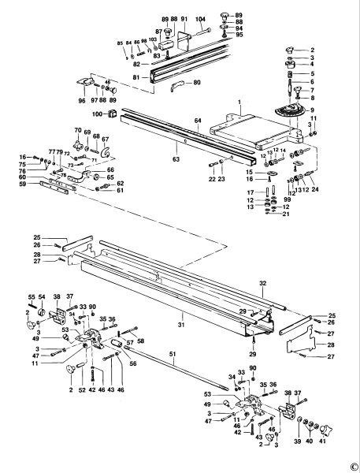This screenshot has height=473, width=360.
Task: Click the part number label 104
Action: pos(200,17)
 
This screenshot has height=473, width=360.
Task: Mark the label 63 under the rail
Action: pos(176,159)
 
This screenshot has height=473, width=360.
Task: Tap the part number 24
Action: pos(315,189)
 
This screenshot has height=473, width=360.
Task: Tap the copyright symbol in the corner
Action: pos(354,466)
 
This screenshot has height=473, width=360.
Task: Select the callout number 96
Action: pos(82,100)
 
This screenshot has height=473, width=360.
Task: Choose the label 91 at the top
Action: pos(184,17)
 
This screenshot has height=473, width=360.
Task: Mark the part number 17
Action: pos(250,192)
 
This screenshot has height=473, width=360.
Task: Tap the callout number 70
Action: pos(78,129)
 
